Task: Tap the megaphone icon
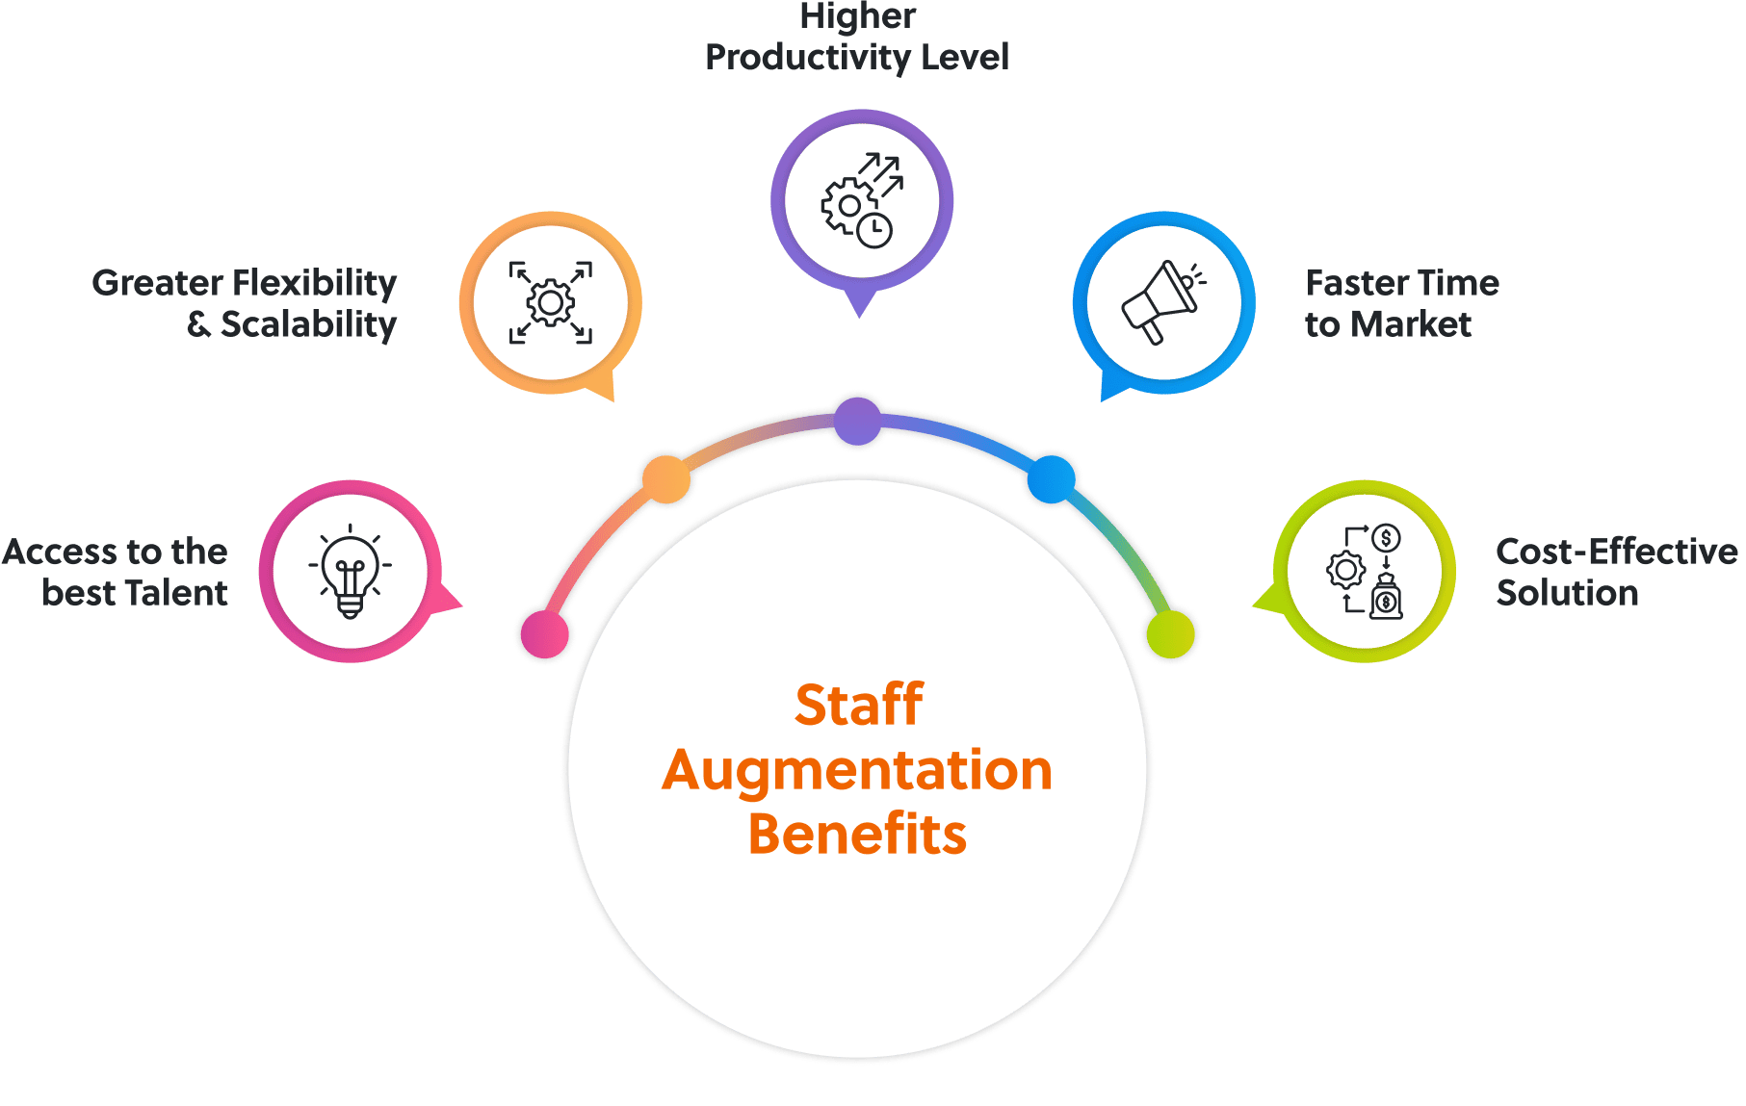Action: click(x=1162, y=301)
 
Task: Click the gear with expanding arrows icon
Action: click(x=551, y=302)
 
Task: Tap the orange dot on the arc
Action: click(x=666, y=478)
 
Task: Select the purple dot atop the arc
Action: click(x=857, y=421)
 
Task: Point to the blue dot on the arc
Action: click(x=1051, y=478)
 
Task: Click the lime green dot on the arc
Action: click(x=1170, y=634)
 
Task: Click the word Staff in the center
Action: click(x=858, y=705)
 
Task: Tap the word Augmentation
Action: click(x=857, y=771)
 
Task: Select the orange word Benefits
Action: click(x=857, y=834)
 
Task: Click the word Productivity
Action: click(x=807, y=58)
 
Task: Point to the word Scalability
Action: click(x=308, y=325)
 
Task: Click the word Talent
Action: click(x=176, y=593)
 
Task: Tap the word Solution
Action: click(x=1567, y=593)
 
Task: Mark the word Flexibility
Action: click(x=314, y=283)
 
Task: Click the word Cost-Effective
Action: click(x=1616, y=552)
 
